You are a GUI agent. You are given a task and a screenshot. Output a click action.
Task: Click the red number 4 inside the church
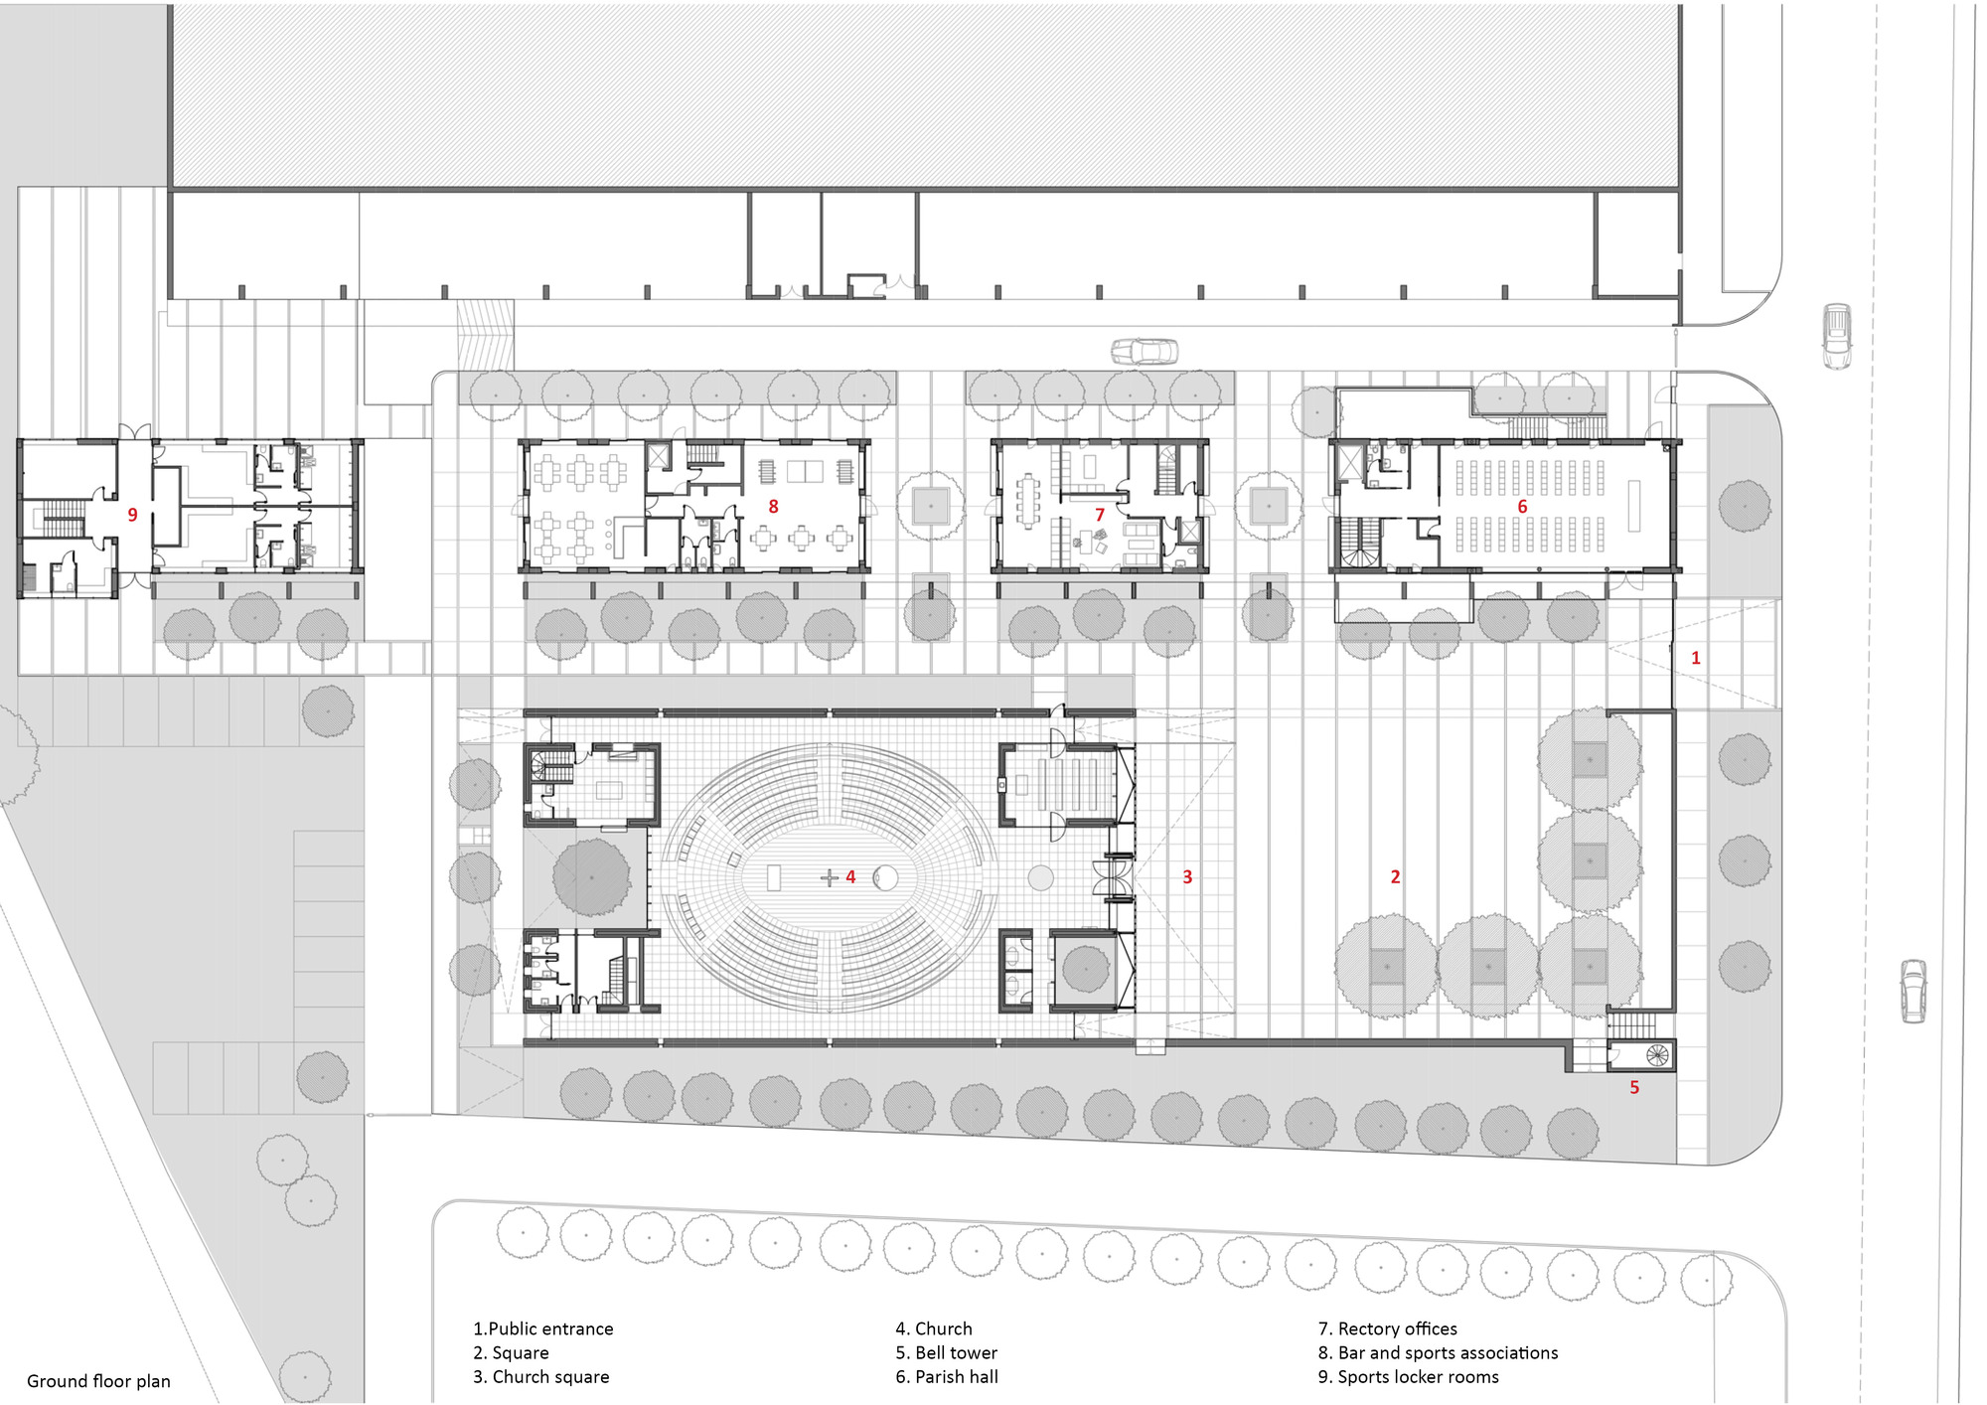[850, 876]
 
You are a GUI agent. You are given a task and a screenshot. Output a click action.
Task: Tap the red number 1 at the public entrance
[1696, 658]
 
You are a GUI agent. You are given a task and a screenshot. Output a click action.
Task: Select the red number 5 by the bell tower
[1634, 1087]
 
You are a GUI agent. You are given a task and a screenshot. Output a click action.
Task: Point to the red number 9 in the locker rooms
[132, 515]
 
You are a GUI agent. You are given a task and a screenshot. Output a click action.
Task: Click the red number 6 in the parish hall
[1522, 507]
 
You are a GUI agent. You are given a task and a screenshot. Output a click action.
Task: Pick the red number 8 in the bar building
[773, 507]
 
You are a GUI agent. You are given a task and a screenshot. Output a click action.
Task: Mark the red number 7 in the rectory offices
[1100, 515]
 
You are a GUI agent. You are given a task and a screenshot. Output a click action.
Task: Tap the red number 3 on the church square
[1187, 876]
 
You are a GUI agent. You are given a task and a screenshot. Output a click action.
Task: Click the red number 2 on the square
[1395, 876]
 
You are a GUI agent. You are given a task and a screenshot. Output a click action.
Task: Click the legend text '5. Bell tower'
[946, 1352]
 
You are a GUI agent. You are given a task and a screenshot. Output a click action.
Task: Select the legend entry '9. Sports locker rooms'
[1408, 1376]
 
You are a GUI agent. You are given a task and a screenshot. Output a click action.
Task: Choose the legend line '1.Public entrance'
[543, 1328]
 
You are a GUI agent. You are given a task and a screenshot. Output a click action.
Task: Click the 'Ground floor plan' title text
[98, 1381]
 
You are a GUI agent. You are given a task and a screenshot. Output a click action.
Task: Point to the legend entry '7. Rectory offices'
[1387, 1328]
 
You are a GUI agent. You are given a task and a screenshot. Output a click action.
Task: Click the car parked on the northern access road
[1145, 351]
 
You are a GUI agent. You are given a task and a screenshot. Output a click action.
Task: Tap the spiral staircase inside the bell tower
[1655, 1054]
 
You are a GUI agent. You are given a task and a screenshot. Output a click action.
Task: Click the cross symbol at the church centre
[829, 877]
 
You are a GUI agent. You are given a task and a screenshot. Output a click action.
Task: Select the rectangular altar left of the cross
[775, 877]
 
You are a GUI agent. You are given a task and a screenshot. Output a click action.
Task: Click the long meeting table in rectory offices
[1026, 501]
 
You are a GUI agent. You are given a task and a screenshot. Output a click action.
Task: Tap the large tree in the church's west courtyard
[592, 876]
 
